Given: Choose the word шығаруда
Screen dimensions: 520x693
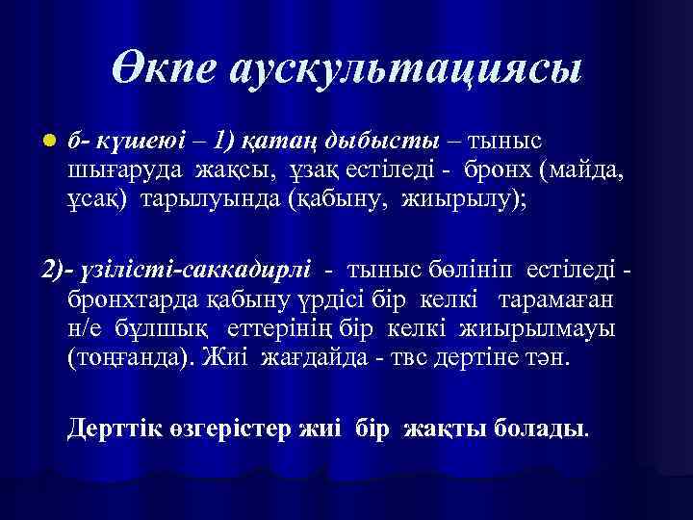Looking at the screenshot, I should [x=110, y=173].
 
